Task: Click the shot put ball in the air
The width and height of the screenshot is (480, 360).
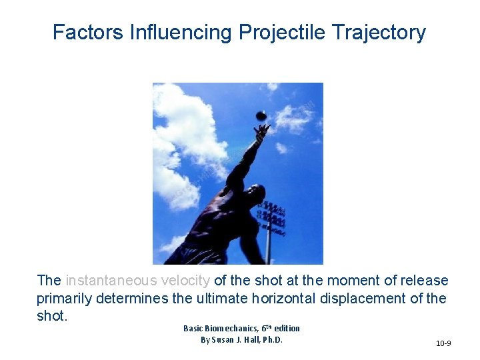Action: coord(261,115)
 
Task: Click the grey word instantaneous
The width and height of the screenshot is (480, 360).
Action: coord(113,281)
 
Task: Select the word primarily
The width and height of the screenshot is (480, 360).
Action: coord(63,298)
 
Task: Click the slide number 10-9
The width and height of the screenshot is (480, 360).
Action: coord(443,343)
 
